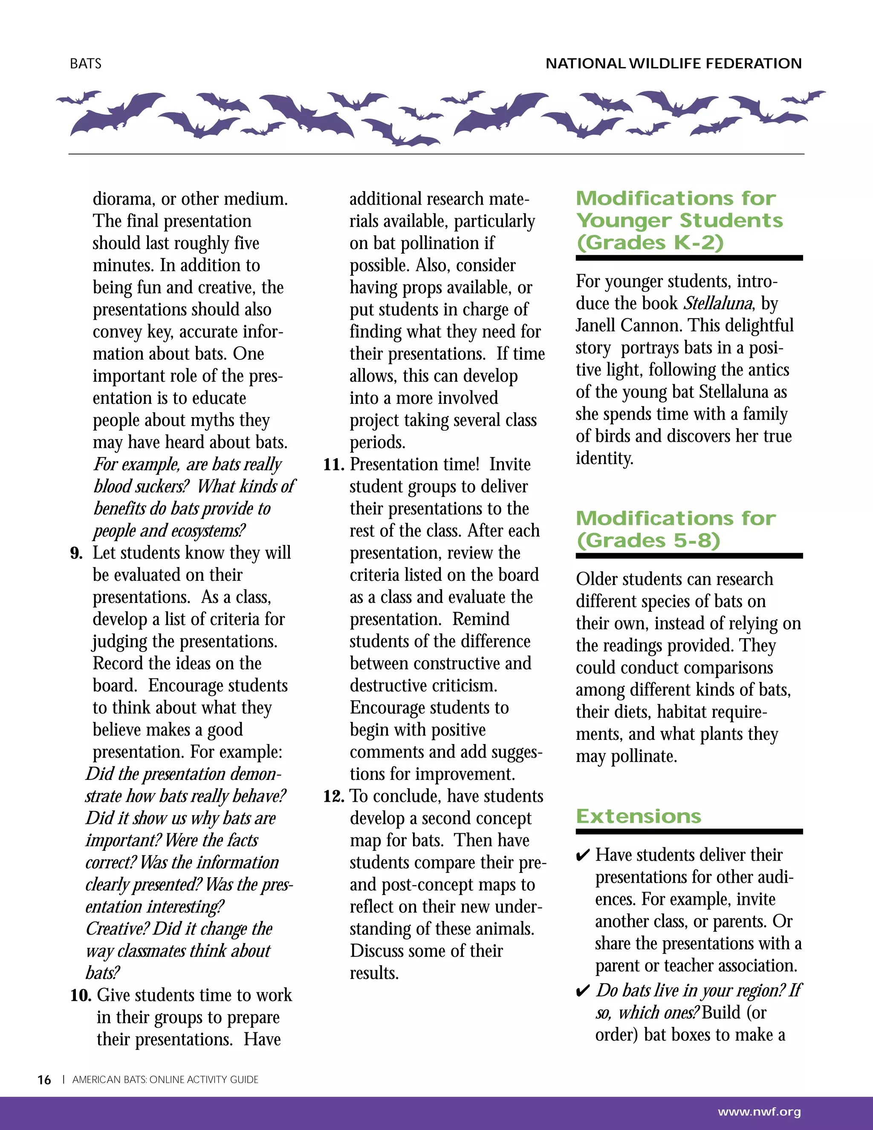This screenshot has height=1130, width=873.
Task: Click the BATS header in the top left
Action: (x=86, y=64)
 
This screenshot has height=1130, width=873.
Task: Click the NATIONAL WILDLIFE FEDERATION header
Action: (x=674, y=64)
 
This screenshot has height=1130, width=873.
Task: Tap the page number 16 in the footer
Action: (x=44, y=1080)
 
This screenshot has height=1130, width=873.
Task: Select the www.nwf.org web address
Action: (x=759, y=1112)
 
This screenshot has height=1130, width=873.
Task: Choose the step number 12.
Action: (x=334, y=796)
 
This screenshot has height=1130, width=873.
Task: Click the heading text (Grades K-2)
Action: (x=650, y=243)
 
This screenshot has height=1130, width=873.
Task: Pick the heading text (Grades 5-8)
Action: (x=648, y=541)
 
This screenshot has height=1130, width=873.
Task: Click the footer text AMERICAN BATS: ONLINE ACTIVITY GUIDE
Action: (x=165, y=1080)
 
